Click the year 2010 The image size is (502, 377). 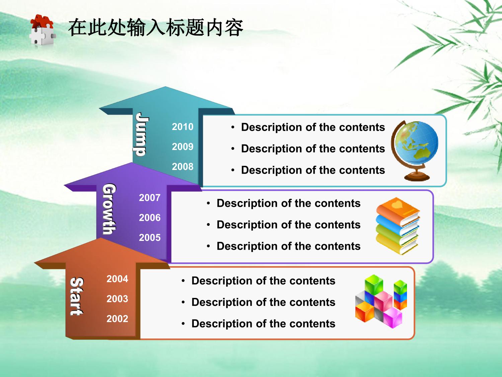[182, 127]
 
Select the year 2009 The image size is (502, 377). [182, 147]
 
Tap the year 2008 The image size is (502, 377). [182, 167]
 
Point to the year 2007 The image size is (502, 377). [150, 198]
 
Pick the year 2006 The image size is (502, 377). [150, 218]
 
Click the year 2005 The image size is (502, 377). [150, 238]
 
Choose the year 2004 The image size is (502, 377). [117, 279]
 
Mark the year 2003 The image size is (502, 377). [117, 299]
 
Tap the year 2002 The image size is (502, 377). [117, 319]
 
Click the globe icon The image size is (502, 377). [415, 150]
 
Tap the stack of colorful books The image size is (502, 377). [398, 226]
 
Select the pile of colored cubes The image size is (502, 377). [381, 301]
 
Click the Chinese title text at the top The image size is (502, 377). [156, 28]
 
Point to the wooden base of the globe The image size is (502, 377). [417, 177]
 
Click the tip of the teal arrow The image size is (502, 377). [165, 87]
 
